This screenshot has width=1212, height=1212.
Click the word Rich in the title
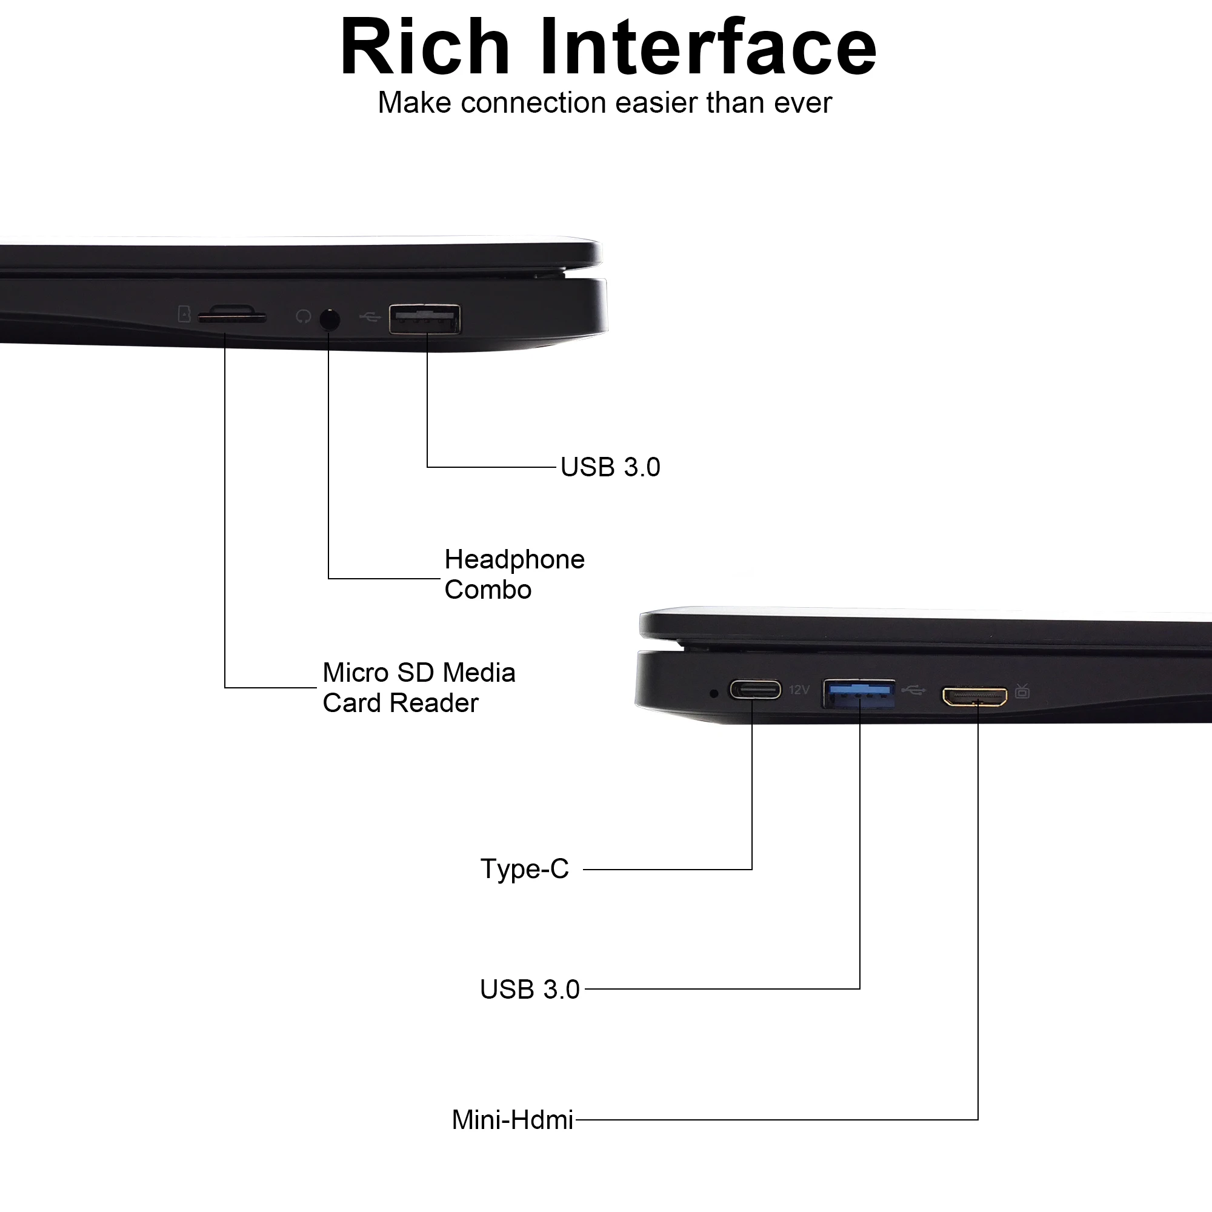[x=425, y=48]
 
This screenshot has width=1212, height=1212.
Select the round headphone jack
[x=329, y=320]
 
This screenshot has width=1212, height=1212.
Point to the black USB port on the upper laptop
[x=425, y=319]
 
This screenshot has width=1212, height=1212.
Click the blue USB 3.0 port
[x=859, y=693]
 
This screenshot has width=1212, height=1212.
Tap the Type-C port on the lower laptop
[x=754, y=690]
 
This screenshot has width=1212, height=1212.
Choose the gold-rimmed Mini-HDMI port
[x=974, y=696]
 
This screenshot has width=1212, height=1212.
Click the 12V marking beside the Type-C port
[x=799, y=690]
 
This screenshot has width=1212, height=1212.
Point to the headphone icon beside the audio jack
[x=303, y=317]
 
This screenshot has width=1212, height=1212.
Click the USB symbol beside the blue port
[x=913, y=691]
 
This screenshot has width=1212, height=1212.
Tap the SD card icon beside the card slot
[x=184, y=314]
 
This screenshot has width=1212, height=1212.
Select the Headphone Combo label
[x=514, y=574]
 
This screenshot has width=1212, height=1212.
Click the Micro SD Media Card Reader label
[x=418, y=688]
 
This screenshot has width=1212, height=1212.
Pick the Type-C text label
[x=524, y=869]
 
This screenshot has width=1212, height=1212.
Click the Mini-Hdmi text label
[x=512, y=1120]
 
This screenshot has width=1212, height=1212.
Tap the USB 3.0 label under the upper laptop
[x=610, y=467]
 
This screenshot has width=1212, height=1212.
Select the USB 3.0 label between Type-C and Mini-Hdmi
[x=530, y=990]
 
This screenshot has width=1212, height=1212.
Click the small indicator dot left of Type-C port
[x=713, y=693]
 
